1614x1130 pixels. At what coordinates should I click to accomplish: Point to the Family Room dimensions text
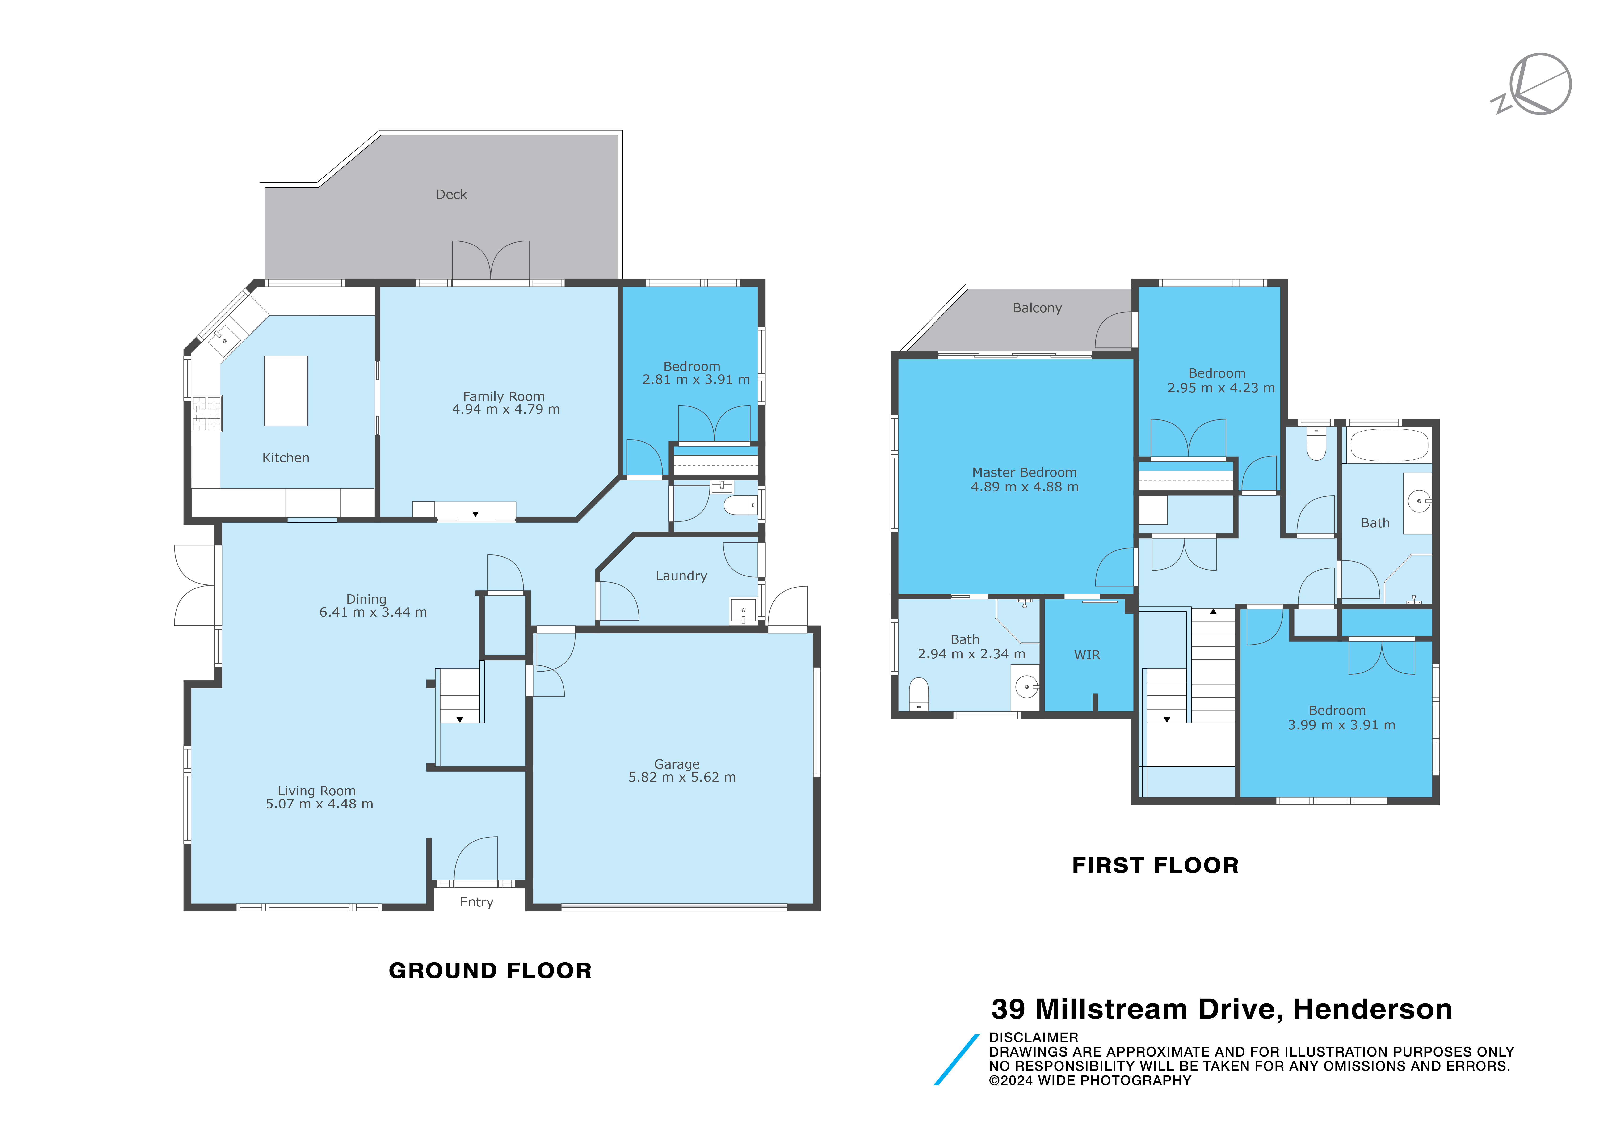click(505, 409)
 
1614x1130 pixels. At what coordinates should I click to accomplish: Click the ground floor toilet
click(740, 505)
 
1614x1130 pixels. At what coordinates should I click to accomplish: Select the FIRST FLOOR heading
click(1155, 865)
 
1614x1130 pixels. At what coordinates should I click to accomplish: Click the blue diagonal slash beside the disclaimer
click(956, 1060)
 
